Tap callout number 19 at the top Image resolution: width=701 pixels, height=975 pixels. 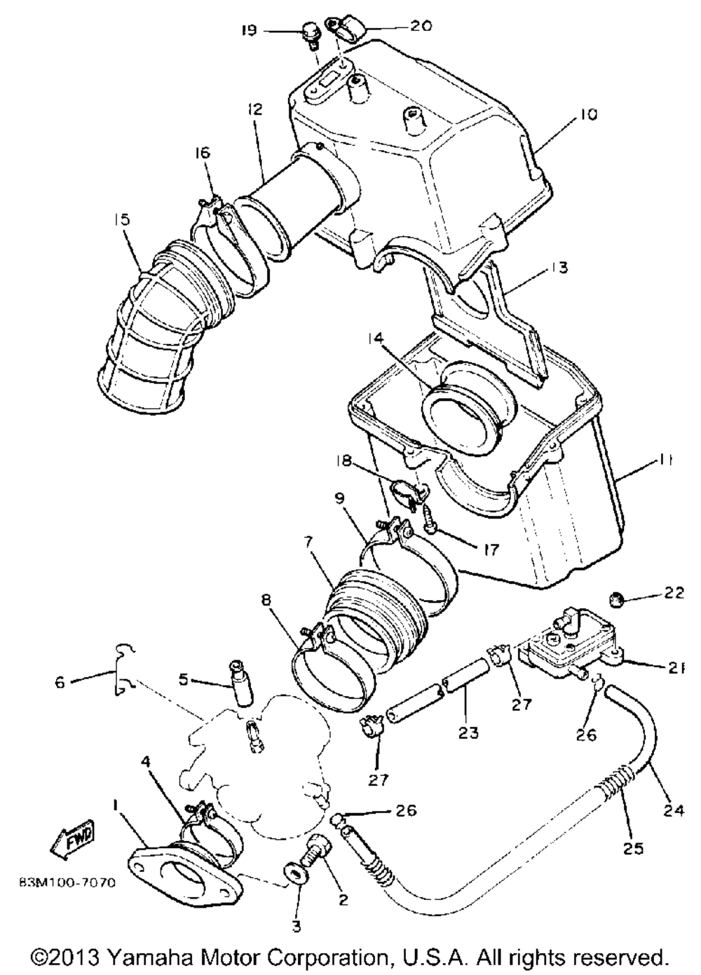(250, 31)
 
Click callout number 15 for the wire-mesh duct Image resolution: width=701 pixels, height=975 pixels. (123, 219)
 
